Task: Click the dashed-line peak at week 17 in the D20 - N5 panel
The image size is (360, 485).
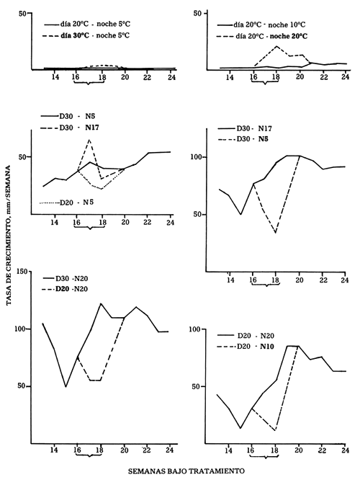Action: coord(89,140)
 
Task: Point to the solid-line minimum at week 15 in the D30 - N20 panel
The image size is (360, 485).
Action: coord(66,387)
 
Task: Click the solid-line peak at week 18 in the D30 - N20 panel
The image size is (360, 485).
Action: coord(101,303)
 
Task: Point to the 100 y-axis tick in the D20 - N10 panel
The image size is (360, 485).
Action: coord(203,329)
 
